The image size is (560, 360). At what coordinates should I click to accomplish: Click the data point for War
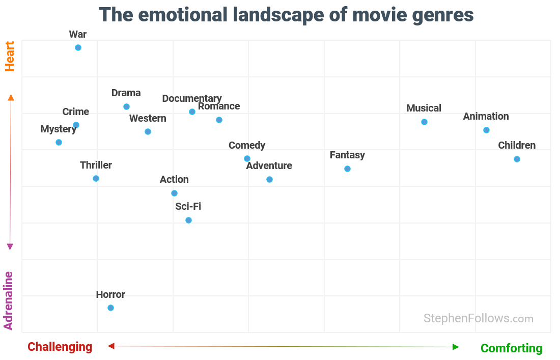pos(78,48)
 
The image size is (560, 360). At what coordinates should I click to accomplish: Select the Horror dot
pos(110,308)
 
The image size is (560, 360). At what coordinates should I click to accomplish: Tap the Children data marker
pos(517,159)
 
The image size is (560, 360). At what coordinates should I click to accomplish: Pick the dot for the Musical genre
pos(424,122)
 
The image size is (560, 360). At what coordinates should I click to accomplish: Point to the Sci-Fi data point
pos(188,220)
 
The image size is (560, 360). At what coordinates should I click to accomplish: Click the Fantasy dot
pos(347,169)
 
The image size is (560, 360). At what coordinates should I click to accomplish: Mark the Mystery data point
pos(59,143)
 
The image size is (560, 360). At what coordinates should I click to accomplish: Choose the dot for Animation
pos(486,130)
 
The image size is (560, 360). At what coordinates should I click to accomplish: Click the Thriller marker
pos(96,179)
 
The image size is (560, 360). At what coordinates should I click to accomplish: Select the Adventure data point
pos(269,180)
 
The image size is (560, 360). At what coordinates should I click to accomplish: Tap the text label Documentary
pos(192,98)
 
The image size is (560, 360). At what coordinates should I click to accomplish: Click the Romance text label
pos(219,106)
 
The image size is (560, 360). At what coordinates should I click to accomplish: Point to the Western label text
pos(148,119)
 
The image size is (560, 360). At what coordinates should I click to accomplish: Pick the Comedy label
pos(247,146)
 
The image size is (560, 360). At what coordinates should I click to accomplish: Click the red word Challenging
pos(60,347)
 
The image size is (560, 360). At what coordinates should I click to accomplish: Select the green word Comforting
pos(511,348)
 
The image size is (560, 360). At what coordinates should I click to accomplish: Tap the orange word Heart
pos(10,56)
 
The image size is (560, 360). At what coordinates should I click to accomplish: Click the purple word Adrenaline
pos(9,300)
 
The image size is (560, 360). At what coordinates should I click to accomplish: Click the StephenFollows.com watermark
pos(478,319)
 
